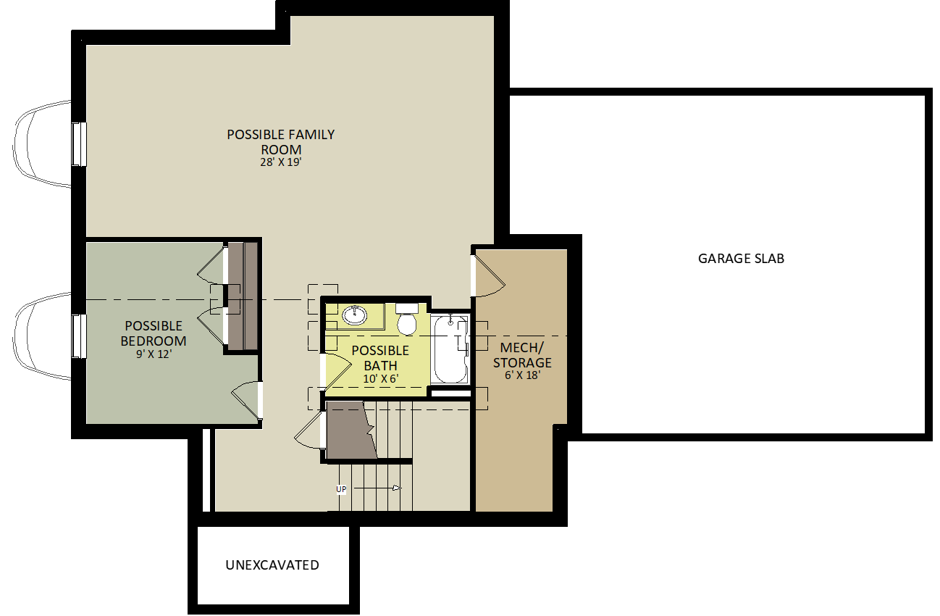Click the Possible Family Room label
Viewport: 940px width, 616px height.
point(281,142)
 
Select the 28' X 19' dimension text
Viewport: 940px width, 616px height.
point(281,162)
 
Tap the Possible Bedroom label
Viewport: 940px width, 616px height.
point(154,333)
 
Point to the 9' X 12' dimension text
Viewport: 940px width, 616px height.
point(154,354)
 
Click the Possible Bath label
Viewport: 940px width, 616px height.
point(380,358)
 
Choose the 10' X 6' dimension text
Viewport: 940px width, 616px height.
point(381,378)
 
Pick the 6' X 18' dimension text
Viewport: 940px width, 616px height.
point(522,375)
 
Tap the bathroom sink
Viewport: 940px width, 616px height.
point(355,315)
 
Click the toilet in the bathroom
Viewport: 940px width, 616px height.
point(407,320)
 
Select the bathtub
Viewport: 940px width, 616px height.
point(450,350)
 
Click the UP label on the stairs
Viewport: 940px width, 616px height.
point(341,489)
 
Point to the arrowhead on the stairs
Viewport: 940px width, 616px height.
point(396,488)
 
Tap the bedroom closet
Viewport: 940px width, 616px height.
point(242,296)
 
